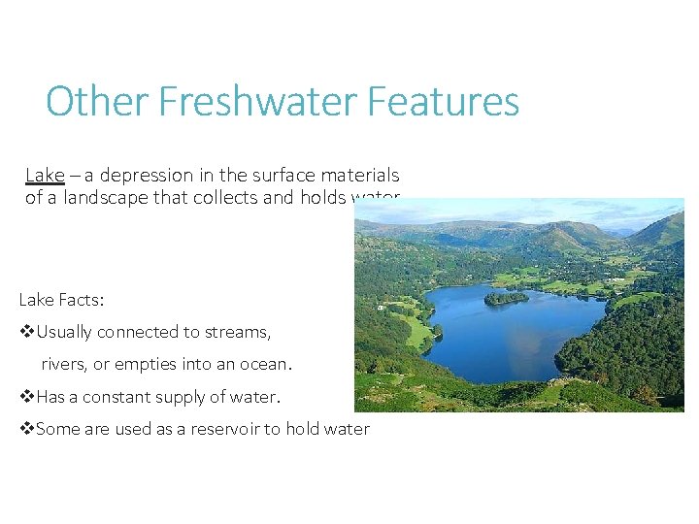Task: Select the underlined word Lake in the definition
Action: tap(45, 176)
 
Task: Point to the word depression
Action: tap(142, 176)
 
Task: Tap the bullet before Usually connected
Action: tap(26, 332)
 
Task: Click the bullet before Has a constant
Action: tap(26, 397)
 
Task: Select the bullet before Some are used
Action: tap(26, 429)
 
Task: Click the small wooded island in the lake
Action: tap(506, 299)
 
